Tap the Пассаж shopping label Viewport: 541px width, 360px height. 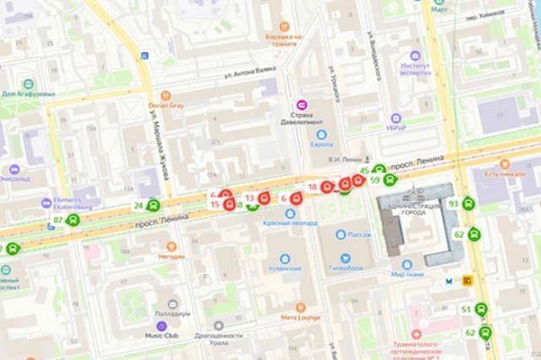point(359,232)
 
